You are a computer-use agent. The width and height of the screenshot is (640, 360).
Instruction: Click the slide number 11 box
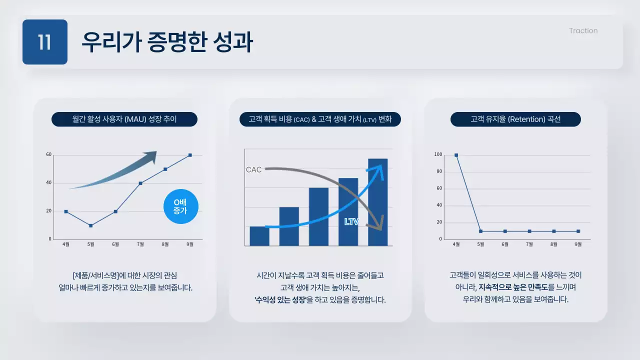45,42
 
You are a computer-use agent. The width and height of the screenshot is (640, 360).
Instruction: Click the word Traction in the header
583,31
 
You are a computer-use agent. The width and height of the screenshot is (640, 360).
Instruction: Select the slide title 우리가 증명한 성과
167,42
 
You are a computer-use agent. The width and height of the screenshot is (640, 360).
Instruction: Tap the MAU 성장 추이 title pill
124,119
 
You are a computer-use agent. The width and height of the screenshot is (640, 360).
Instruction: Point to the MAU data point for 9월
190,155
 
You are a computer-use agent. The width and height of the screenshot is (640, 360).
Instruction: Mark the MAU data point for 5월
90,225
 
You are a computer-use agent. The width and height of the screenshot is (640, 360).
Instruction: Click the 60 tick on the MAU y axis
49,154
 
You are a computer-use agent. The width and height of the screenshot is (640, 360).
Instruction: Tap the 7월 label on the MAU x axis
140,244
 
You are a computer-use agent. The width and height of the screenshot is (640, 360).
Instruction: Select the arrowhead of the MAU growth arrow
150,157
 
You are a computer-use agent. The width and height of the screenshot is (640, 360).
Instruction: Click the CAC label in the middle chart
254,170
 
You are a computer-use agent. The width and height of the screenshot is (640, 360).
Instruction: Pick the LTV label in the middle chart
351,221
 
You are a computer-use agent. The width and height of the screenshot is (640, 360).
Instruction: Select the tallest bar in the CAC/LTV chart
377,202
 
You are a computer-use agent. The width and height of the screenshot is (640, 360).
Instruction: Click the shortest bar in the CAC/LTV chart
259,236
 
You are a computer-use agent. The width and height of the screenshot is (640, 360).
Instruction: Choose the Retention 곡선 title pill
515,119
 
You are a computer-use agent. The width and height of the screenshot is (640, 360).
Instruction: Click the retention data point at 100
456,155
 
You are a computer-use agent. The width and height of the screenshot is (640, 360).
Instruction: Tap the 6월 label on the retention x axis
505,244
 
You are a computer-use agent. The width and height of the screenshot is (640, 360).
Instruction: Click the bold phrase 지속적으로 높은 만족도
512,287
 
